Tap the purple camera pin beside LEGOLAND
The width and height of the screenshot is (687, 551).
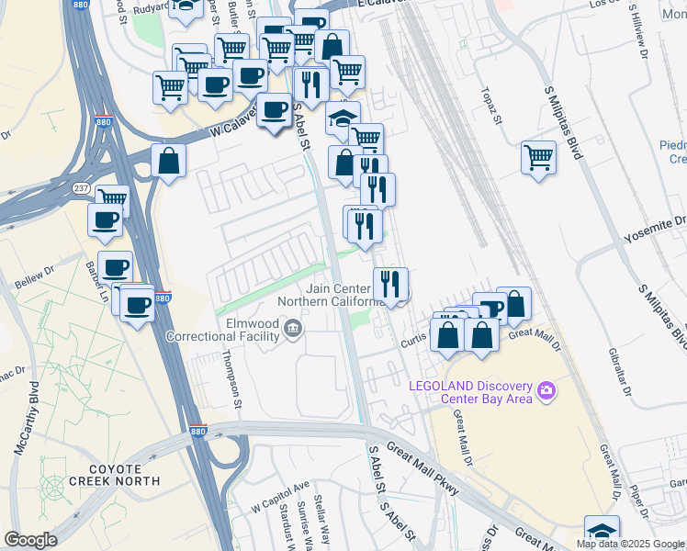547,392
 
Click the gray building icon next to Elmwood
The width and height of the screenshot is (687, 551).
293,328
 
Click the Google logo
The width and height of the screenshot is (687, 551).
30,540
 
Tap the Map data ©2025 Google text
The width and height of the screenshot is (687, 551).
630,544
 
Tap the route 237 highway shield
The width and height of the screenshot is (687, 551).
80,187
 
